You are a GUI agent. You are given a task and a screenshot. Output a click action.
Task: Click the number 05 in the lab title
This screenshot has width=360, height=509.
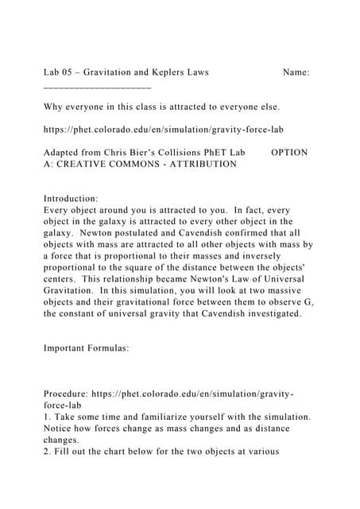(x=68, y=72)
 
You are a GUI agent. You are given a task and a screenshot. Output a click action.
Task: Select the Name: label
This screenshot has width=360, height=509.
(x=296, y=72)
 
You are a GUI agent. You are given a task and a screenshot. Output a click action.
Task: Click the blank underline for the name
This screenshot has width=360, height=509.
(x=97, y=84)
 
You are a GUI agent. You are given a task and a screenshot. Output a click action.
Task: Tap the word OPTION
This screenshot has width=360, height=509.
(x=289, y=152)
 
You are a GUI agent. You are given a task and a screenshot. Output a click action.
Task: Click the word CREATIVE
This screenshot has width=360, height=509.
(x=87, y=164)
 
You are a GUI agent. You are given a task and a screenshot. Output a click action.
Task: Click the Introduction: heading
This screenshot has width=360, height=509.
(x=71, y=198)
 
